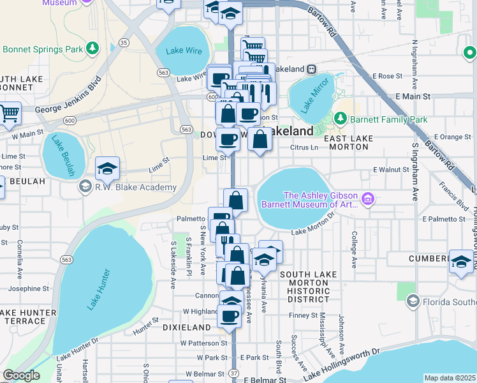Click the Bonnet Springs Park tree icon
[x=93, y=48]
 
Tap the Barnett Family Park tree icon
[x=341, y=118]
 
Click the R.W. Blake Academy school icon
[x=84, y=186]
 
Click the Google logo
[x=21, y=375]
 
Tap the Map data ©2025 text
[x=450, y=378]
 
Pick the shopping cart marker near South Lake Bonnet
[x=8, y=113]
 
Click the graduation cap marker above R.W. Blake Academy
[x=108, y=167]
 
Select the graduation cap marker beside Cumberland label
[x=461, y=260]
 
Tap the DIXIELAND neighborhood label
[x=187, y=327]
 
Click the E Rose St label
[x=395, y=76]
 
